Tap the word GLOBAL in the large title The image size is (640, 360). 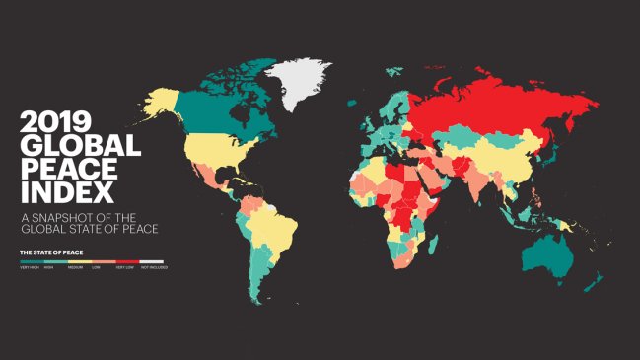coord(80,149)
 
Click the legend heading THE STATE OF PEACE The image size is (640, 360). coord(52,252)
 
